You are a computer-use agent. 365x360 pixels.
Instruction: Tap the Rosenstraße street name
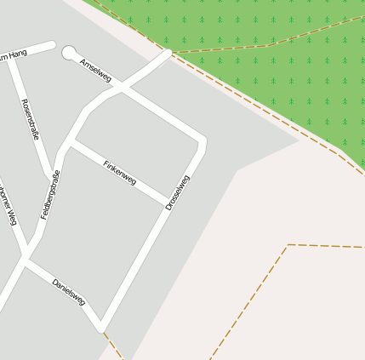31,118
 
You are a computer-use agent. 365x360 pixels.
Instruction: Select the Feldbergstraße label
51,195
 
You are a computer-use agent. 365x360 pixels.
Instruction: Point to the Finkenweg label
119,172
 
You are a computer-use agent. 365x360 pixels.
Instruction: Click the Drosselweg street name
178,192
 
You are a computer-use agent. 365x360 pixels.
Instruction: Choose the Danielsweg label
68,291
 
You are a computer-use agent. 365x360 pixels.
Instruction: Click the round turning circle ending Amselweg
70,54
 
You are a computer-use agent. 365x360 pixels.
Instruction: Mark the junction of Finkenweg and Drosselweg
167,203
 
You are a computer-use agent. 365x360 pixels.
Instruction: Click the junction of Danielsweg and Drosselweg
101,326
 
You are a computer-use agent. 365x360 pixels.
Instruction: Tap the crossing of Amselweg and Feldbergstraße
120,88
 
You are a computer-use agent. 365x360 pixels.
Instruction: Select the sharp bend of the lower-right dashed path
288,245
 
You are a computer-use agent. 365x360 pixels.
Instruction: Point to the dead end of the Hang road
52,45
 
